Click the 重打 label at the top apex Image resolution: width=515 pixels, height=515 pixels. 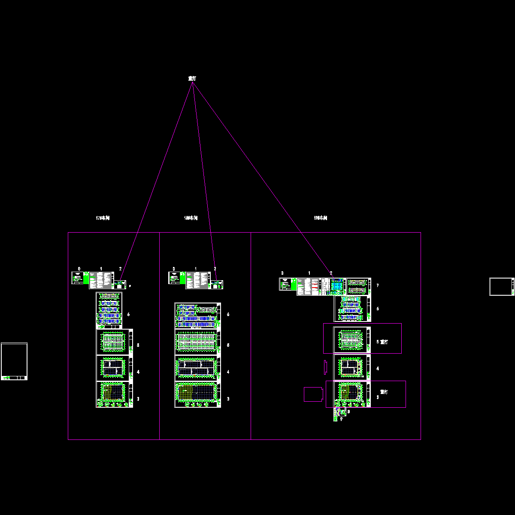pyautogui.click(x=192, y=79)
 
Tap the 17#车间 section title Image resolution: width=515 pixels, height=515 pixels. pyautogui.click(x=103, y=218)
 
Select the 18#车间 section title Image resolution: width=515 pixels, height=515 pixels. pyautogui.click(x=191, y=218)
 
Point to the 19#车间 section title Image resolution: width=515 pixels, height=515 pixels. pyautogui.click(x=321, y=218)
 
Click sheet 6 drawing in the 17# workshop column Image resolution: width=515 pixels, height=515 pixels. pyautogui.click(x=109, y=310)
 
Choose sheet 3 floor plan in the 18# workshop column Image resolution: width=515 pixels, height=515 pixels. pyautogui.click(x=197, y=394)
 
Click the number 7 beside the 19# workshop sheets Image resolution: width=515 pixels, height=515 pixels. pyautogui.click(x=377, y=285)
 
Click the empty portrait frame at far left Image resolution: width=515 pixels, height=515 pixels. pyautogui.click(x=14, y=361)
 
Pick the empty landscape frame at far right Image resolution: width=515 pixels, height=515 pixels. pyautogui.click(x=501, y=287)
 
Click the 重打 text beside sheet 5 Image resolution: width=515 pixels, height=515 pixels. pyautogui.click(x=384, y=342)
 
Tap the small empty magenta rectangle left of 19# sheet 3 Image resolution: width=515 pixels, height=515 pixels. pyautogui.click(x=313, y=394)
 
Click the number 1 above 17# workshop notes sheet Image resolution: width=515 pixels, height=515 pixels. pyautogui.click(x=101, y=269)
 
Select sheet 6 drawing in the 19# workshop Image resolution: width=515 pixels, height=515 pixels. pyautogui.click(x=352, y=309)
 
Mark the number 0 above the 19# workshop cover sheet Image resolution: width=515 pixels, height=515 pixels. pyautogui.click(x=282, y=273)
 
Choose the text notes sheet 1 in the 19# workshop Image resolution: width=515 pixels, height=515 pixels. pyautogui.click(x=309, y=286)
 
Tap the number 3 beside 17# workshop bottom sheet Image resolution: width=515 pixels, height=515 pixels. pyautogui.click(x=138, y=399)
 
